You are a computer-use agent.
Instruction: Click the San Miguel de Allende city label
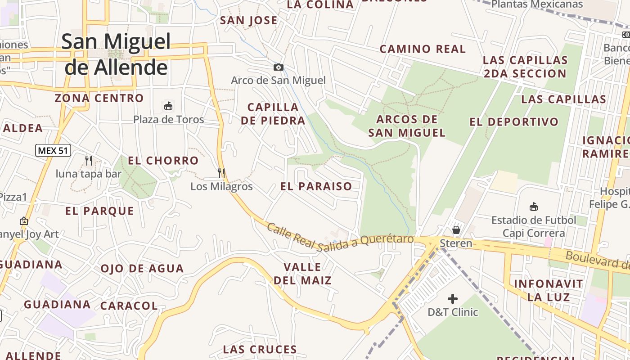116,54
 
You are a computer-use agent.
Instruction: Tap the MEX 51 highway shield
53,150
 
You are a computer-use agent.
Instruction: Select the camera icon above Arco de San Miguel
279,67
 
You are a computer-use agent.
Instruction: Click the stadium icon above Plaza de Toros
168,106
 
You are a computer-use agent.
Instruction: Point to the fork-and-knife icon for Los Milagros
221,173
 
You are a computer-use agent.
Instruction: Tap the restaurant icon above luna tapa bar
89,160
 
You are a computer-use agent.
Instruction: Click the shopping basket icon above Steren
456,230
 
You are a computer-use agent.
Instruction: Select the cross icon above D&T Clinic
453,299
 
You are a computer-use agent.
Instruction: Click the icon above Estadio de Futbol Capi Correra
534,207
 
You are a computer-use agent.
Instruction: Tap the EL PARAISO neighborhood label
316,186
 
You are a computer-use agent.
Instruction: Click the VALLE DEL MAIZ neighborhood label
302,274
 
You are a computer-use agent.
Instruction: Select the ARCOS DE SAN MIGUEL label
407,126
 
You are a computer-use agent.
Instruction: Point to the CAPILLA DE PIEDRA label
273,114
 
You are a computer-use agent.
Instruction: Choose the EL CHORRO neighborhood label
163,161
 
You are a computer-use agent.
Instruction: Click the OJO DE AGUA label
142,269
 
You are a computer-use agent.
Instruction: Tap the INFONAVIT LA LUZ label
548,290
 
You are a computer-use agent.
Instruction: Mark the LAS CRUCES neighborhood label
260,349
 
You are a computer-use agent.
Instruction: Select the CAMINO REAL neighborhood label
423,49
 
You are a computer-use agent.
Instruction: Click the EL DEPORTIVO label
513,122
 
